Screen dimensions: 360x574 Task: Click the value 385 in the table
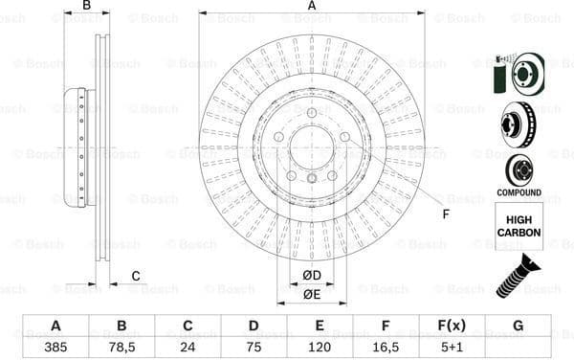[55, 348]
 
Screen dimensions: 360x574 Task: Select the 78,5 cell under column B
[121, 348]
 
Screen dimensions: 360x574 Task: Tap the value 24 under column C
[188, 348]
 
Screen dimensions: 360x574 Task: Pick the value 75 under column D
[254, 348]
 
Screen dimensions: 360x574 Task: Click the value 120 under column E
[320, 348]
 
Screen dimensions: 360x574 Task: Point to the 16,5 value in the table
[386, 348]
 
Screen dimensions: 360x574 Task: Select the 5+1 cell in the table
[452, 348]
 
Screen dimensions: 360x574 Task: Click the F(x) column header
[452, 326]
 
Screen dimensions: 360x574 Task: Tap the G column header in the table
[518, 326]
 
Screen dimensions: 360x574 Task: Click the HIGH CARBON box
[519, 226]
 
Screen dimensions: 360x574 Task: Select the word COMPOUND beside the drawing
[519, 192]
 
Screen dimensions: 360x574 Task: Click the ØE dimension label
[311, 294]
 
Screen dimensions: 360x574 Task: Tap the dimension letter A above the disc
[312, 7]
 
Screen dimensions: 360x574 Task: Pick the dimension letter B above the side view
[86, 7]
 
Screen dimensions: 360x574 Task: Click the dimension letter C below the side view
[135, 277]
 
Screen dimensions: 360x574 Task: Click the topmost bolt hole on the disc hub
[312, 114]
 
